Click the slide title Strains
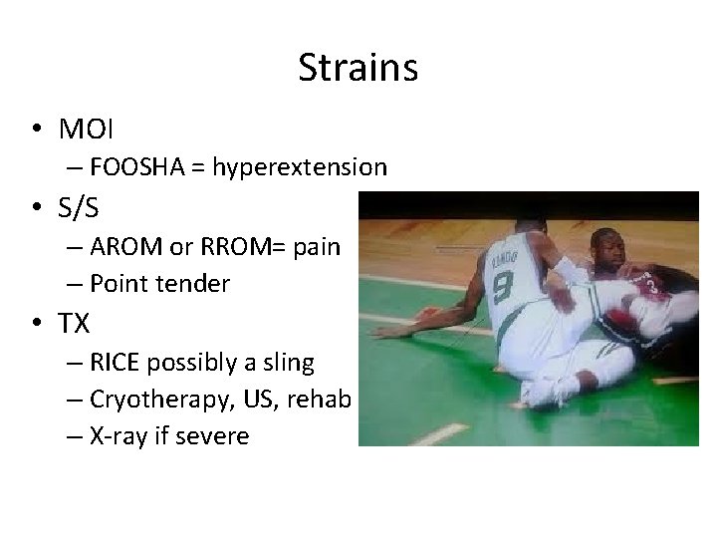(x=358, y=68)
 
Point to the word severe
(x=213, y=436)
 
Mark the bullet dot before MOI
(x=36, y=130)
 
